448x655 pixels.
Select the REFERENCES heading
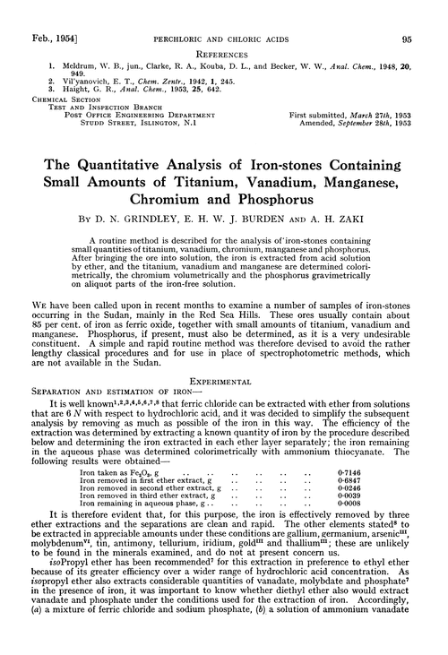pos(224,31)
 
